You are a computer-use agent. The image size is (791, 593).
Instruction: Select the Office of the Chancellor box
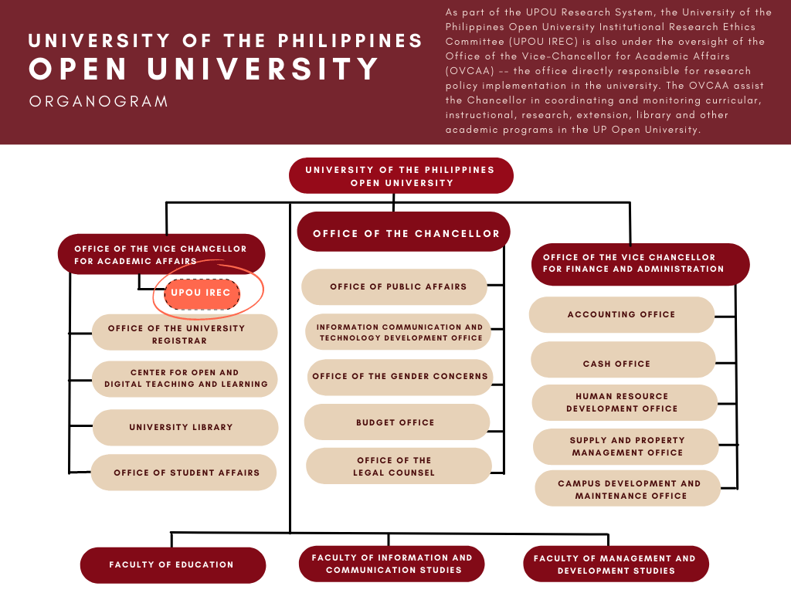click(x=404, y=232)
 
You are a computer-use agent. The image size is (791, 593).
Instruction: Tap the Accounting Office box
click(x=622, y=315)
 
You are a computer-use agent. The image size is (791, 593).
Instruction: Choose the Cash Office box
click(x=623, y=361)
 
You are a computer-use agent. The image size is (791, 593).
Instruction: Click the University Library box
click(x=185, y=428)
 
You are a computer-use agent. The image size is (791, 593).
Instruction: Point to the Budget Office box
click(x=396, y=422)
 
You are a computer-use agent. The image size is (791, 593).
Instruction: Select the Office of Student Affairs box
click(x=184, y=473)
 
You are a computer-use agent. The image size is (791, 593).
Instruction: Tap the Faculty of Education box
click(x=172, y=564)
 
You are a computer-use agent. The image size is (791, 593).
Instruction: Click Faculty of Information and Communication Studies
click(x=392, y=564)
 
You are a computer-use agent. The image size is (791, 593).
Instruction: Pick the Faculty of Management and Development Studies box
click(x=616, y=564)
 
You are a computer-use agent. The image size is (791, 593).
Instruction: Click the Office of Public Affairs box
click(x=394, y=286)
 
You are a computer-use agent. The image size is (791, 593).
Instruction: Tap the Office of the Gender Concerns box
click(x=400, y=377)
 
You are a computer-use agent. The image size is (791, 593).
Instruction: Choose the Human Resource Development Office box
click(x=623, y=402)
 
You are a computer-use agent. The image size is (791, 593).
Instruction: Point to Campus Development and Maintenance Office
click(x=628, y=490)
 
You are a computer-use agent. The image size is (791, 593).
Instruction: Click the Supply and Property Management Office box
click(x=626, y=446)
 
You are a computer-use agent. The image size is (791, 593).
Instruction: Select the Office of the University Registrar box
click(x=185, y=334)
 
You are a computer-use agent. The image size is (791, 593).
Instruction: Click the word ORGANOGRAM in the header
click(x=98, y=102)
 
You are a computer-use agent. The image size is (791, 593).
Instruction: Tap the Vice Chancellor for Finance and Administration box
click(x=640, y=263)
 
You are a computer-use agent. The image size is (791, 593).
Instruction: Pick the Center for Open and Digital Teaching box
click(x=185, y=378)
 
